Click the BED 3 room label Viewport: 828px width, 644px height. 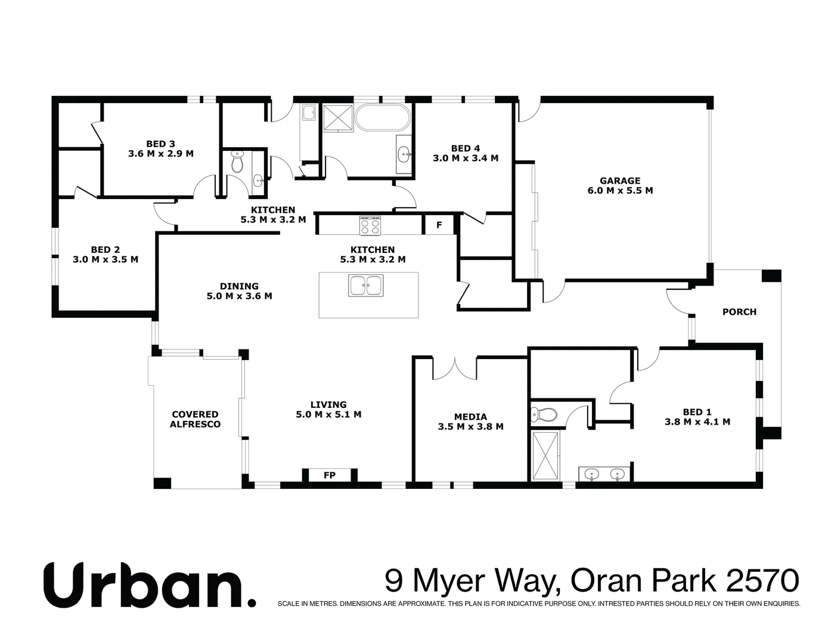[x=160, y=144]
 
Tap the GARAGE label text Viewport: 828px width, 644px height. [x=620, y=181]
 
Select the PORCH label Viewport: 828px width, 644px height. [x=739, y=312]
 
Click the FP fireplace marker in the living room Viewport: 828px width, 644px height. [x=329, y=475]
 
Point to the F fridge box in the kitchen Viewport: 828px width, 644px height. [x=439, y=225]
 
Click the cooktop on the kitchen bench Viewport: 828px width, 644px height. [x=370, y=225]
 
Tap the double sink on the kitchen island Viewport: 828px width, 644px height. [x=366, y=286]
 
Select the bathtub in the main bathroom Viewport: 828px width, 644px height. [x=382, y=117]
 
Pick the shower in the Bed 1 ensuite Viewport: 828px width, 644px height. [x=545, y=456]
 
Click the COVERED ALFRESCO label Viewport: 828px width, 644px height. [x=195, y=419]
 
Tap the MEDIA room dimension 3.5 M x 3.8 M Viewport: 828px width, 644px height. [x=470, y=427]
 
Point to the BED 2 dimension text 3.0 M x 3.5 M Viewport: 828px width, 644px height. [x=106, y=259]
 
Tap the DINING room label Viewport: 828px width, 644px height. [x=239, y=286]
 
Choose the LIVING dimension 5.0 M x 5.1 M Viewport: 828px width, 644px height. [x=328, y=414]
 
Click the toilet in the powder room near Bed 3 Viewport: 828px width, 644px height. [x=237, y=162]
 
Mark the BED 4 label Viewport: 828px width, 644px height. [x=465, y=148]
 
